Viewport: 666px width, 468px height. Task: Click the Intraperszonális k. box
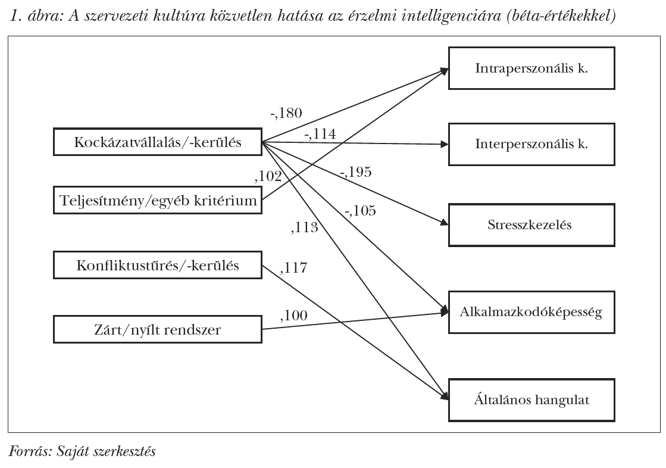click(531, 68)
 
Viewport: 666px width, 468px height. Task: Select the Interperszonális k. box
click(531, 143)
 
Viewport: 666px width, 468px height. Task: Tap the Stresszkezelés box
click(531, 224)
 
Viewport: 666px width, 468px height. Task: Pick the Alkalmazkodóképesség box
click(531, 312)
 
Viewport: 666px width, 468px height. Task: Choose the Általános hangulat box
click(531, 400)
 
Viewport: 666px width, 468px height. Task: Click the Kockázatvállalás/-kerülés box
click(158, 142)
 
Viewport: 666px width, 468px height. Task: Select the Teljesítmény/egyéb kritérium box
click(158, 201)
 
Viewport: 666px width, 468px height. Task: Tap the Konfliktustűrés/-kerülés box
click(158, 265)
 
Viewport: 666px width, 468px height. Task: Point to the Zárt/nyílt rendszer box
click(158, 329)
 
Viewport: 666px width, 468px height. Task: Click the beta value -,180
click(286, 113)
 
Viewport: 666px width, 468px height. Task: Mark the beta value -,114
click(320, 134)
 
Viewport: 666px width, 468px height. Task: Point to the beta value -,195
click(355, 172)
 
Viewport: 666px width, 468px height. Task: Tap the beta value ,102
click(268, 176)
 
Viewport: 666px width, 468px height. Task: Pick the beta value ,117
click(293, 268)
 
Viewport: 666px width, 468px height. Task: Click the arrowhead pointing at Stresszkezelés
click(444, 223)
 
